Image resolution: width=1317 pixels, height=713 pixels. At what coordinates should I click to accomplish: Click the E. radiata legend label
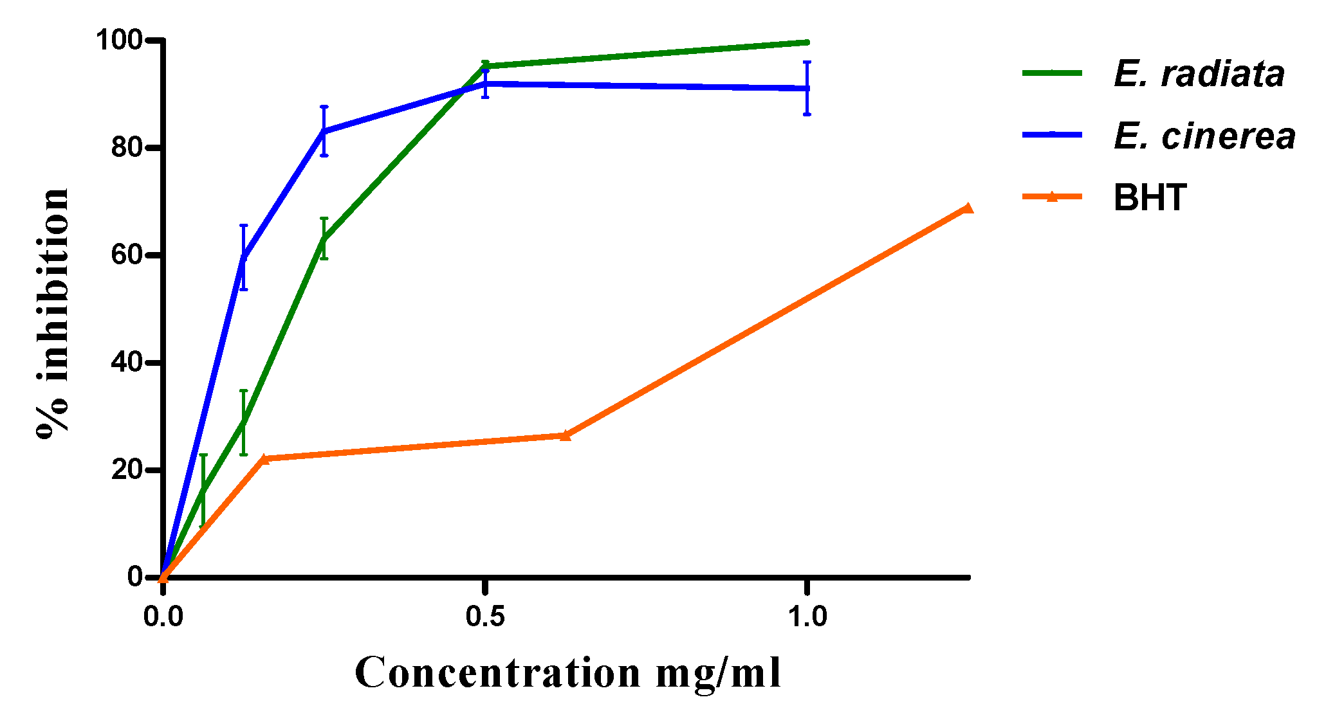coord(1199,74)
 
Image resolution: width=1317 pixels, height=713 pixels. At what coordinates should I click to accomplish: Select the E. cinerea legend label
coord(1204,136)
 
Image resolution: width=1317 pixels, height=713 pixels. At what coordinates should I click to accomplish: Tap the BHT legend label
coord(1150,197)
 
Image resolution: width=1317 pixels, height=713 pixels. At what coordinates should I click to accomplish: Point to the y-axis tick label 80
coord(126,148)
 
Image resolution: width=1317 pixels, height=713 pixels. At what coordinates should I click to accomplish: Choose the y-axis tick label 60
coord(126,255)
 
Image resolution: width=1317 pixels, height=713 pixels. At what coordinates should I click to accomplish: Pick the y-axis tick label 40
coord(126,363)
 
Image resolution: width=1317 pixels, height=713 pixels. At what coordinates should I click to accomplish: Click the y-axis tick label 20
coord(126,470)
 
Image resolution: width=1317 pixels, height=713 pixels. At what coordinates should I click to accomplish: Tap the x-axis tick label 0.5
coord(485,617)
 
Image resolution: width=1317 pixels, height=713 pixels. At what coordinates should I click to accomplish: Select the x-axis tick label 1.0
coord(807,617)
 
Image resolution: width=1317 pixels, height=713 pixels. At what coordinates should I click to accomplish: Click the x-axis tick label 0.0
coord(163,617)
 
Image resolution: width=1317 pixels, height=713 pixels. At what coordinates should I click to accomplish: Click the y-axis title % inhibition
coord(53,314)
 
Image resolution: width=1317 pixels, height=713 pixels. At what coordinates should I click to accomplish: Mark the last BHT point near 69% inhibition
coord(967,208)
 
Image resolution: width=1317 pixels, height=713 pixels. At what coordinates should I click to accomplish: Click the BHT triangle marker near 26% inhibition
coord(565,435)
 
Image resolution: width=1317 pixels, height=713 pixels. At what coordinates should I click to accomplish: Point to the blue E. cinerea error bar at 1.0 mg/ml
coord(807,88)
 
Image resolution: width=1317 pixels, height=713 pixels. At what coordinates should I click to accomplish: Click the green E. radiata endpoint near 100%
coord(807,42)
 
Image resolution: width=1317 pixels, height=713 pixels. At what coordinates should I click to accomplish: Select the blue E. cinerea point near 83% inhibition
coord(324,131)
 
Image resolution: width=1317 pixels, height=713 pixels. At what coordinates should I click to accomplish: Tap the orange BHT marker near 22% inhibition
coord(263,459)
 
